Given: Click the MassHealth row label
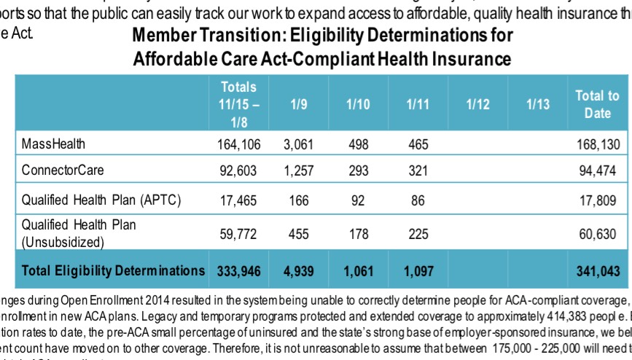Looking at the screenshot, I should coord(53,144).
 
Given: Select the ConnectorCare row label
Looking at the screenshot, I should coord(63,171).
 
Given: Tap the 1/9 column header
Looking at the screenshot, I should coord(297,104).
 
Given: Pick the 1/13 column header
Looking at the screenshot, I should coord(537,104).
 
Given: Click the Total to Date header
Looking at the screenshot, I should coord(597,104).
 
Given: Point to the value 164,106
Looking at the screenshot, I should coord(238,144).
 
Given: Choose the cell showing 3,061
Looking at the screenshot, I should coord(297,144).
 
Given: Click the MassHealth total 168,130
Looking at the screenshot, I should coord(597,144).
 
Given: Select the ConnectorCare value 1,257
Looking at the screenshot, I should coord(297,171).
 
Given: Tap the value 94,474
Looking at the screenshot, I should coord(599,171).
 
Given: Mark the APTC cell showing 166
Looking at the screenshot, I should coord(298,200).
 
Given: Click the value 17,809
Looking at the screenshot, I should coord(599,200).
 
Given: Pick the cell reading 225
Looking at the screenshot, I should coord(418,233).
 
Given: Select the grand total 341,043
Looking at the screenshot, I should coord(597,271).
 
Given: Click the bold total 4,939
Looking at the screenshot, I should coord(297,271).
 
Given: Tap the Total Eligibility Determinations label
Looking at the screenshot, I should coord(114,270).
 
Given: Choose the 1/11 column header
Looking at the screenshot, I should coord(418,104).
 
